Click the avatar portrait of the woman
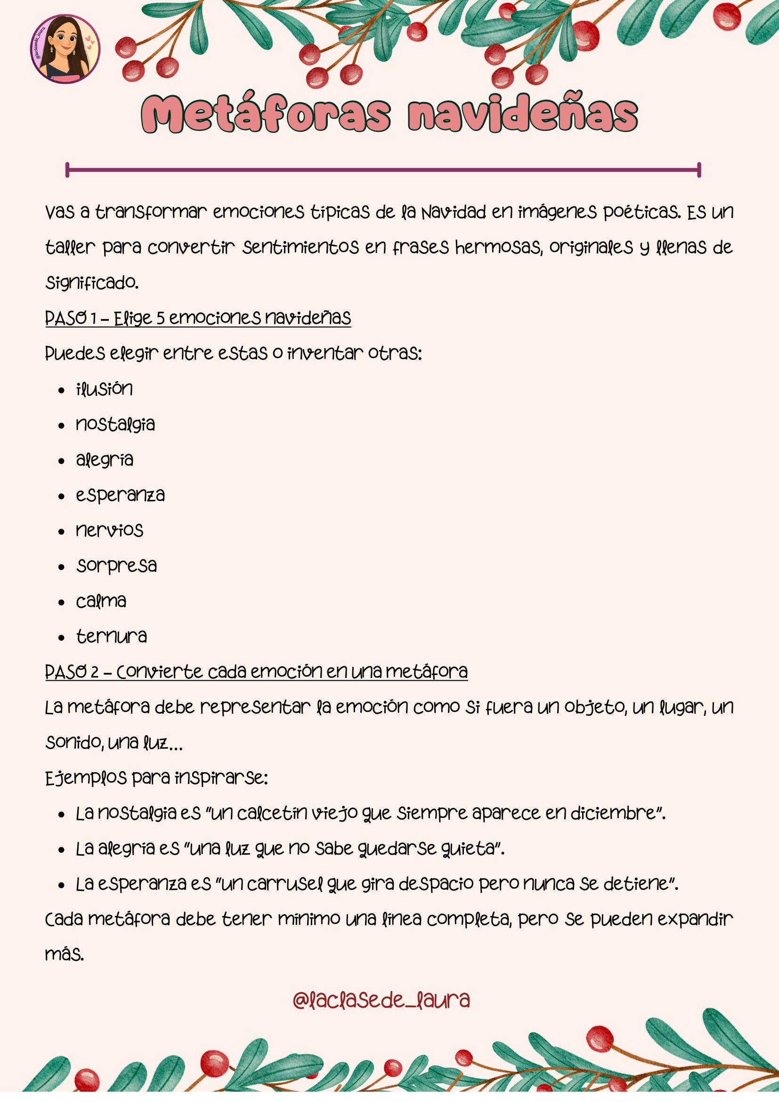coord(65,49)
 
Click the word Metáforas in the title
coord(266,114)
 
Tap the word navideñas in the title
coord(522,114)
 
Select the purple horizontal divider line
coord(383,170)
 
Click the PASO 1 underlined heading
coord(198,318)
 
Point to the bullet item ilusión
coord(104,389)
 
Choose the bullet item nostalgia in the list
coord(115,424)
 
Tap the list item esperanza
coord(120,495)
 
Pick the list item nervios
coord(109,531)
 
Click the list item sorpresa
coord(116,566)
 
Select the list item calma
coord(101,601)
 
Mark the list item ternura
coord(111,637)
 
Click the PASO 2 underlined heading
coord(256,671)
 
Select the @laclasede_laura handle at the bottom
coord(381,1001)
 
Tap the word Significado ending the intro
coord(92,283)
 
